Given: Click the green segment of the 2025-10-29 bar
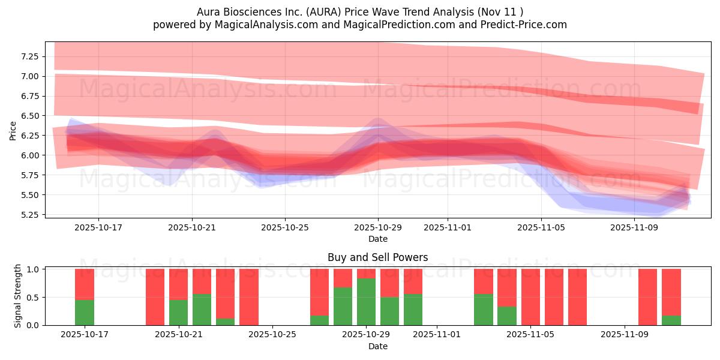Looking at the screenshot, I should [x=366, y=302].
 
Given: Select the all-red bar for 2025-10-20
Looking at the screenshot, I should [x=155, y=297].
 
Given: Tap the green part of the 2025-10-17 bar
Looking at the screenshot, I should [x=85, y=312].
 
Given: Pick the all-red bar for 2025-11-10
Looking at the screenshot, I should [x=647, y=297].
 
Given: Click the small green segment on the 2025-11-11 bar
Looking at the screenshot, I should [x=671, y=320].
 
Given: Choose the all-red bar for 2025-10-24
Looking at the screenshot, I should [x=249, y=297].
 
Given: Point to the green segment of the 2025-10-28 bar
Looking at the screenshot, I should [x=343, y=306].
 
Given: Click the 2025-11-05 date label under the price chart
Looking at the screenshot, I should [x=541, y=228].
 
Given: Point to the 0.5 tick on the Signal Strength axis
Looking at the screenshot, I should [x=34, y=298].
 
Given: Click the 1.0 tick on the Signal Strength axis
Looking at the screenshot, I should [x=34, y=269].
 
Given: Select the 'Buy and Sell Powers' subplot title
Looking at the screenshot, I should [x=377, y=257].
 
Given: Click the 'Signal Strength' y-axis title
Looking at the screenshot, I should [x=18, y=296].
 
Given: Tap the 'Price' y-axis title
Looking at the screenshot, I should [x=13, y=130].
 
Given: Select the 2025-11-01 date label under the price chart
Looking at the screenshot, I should [x=448, y=228].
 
